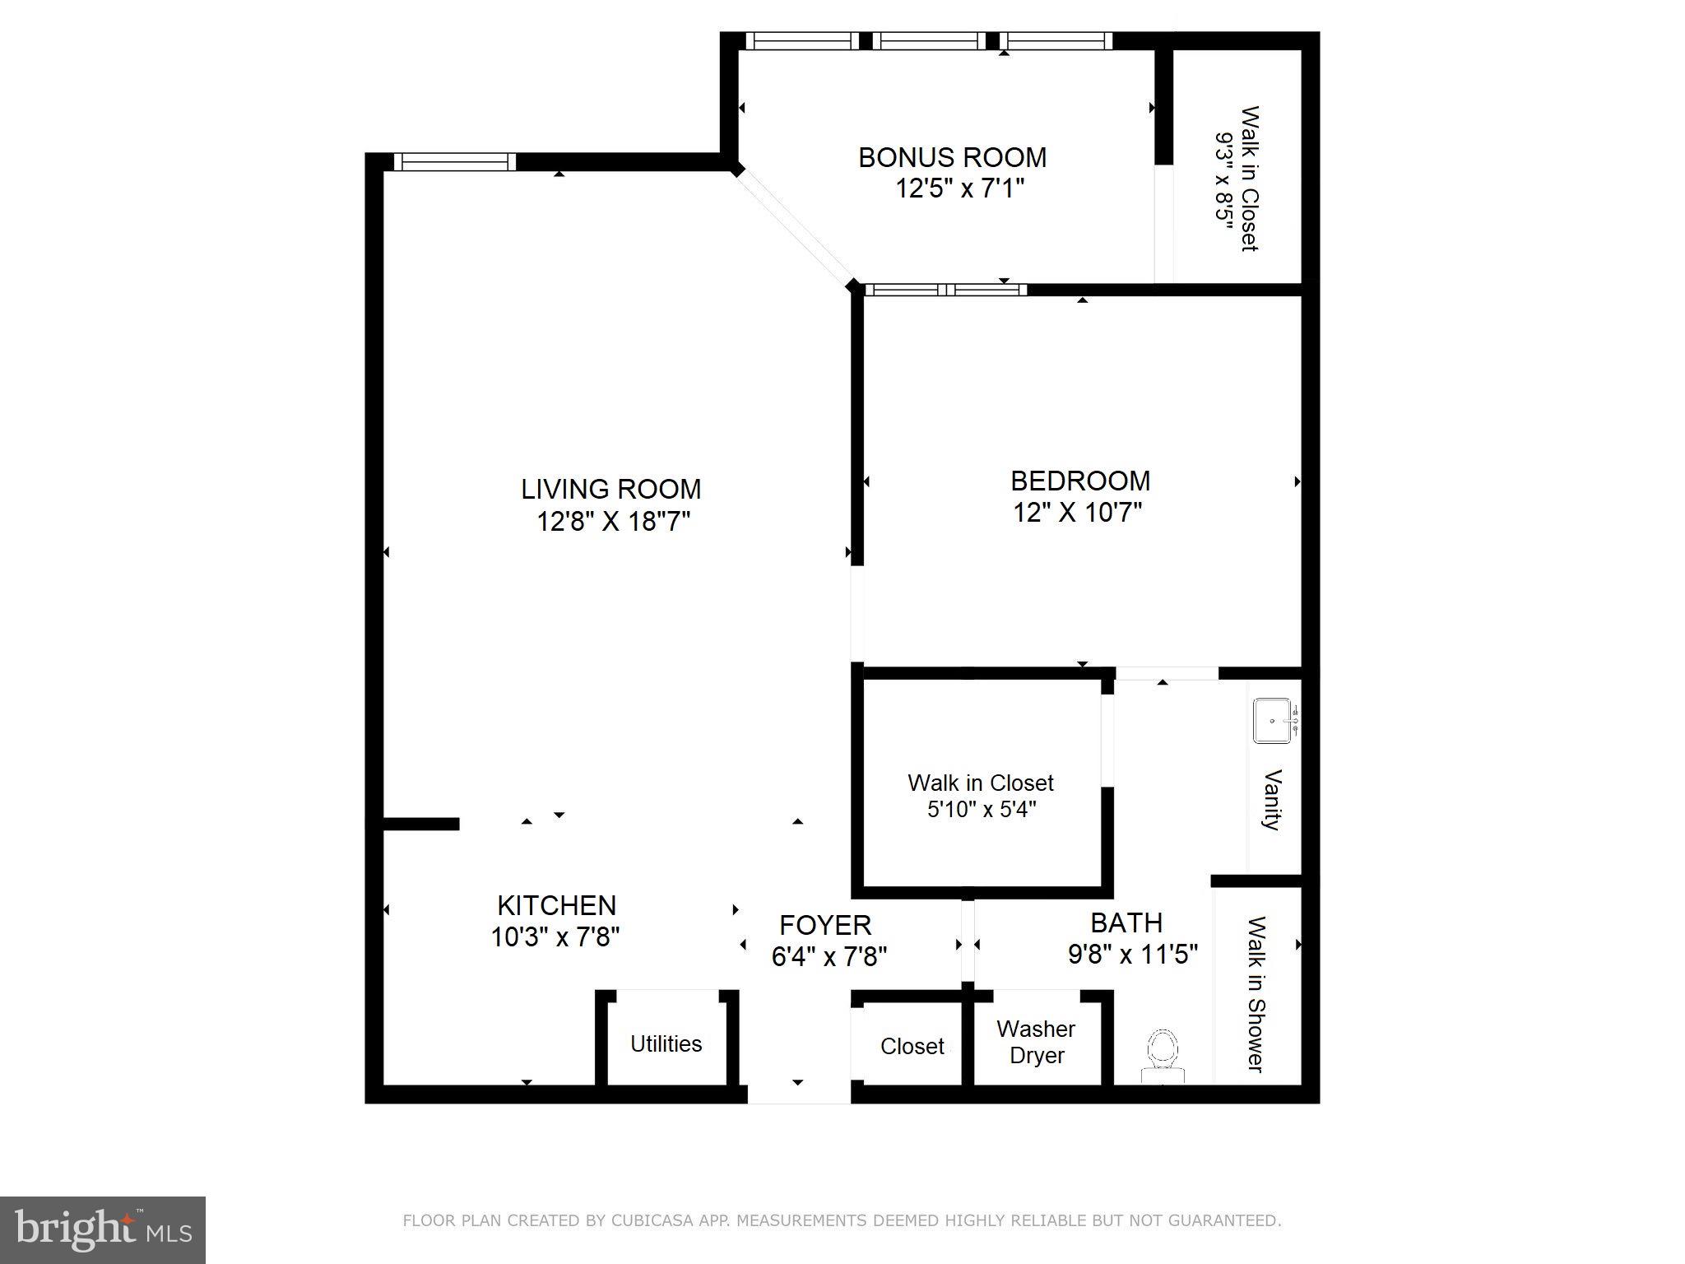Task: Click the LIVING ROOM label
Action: click(610, 489)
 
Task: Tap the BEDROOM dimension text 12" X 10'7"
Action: click(1077, 513)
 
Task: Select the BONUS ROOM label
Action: click(952, 157)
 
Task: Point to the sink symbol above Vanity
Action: click(1272, 721)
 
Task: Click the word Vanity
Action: click(1272, 800)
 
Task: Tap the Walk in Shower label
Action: click(1256, 994)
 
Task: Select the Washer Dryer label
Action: click(1036, 1042)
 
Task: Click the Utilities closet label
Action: click(666, 1043)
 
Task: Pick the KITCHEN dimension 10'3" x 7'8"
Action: click(555, 937)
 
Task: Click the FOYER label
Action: click(825, 925)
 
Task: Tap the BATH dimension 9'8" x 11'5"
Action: click(1132, 955)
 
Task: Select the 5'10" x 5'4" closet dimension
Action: click(981, 810)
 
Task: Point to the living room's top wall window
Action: click(454, 162)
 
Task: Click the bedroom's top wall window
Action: click(945, 290)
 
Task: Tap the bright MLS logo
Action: click(103, 1230)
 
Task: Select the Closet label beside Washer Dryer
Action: click(912, 1046)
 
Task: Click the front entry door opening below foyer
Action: click(798, 1094)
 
